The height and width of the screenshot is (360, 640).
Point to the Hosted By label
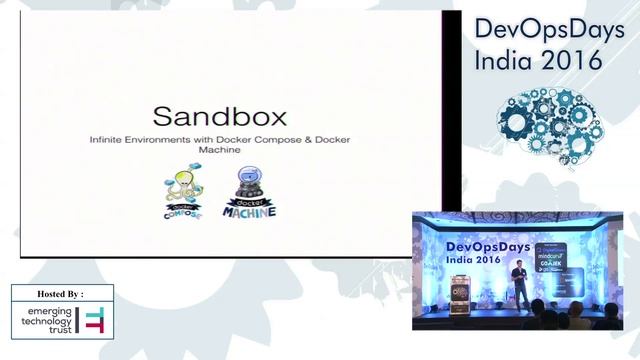point(61,294)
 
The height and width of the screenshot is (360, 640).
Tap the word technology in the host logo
point(48,323)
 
